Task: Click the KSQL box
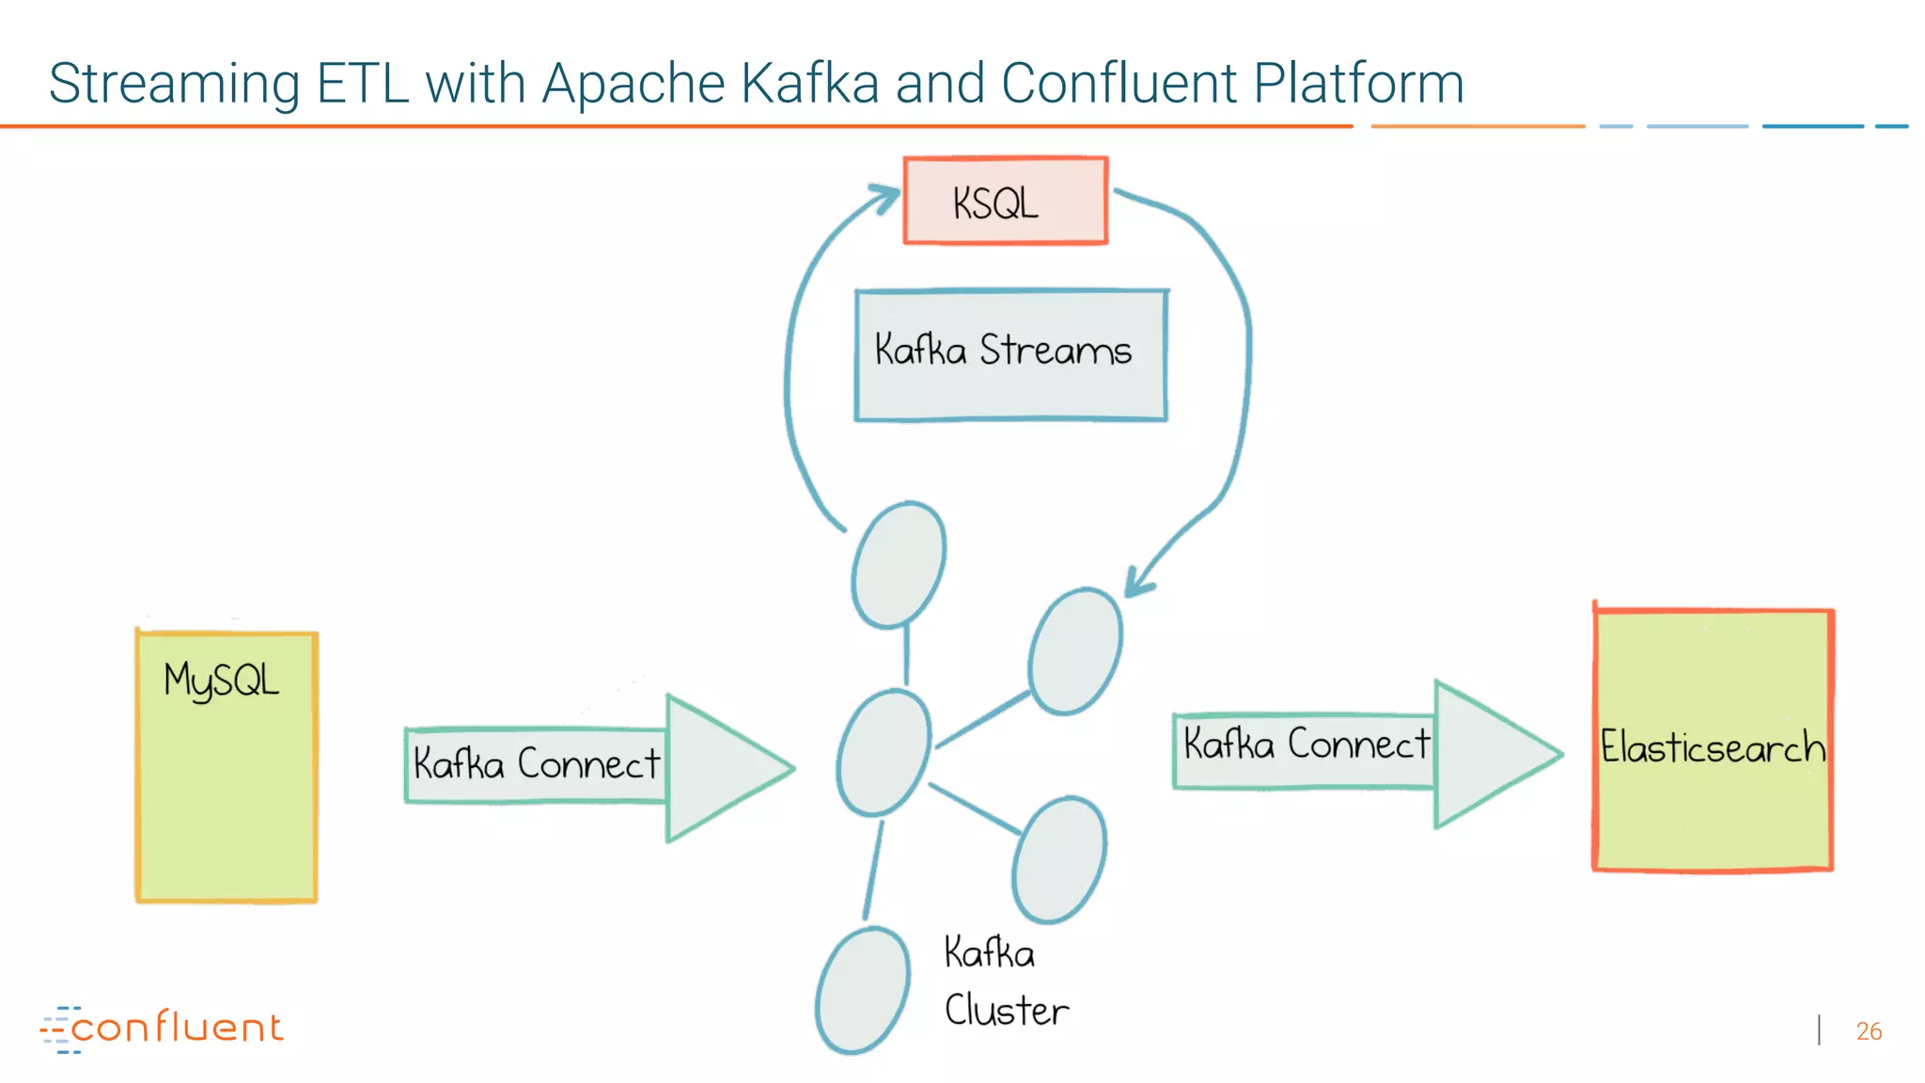pyautogui.click(x=1005, y=201)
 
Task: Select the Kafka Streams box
pyautogui.click(x=1010, y=354)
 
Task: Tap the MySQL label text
pyautogui.click(x=221, y=680)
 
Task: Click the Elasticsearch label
pyautogui.click(x=1713, y=747)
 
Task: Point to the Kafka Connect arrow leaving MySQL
pyautogui.click(x=600, y=765)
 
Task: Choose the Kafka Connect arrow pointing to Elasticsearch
pyautogui.click(x=1367, y=752)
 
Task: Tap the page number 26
pyautogui.click(x=1869, y=1031)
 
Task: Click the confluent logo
pyautogui.click(x=162, y=1028)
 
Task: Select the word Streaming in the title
pyautogui.click(x=174, y=84)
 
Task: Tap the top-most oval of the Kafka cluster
pyautogui.click(x=899, y=564)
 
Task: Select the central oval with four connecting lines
pyautogui.click(x=884, y=752)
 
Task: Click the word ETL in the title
pyautogui.click(x=363, y=84)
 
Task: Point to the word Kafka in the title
pyautogui.click(x=809, y=84)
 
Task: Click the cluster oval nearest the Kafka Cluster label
pyautogui.click(x=1059, y=860)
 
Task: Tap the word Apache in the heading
pyautogui.click(x=634, y=84)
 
